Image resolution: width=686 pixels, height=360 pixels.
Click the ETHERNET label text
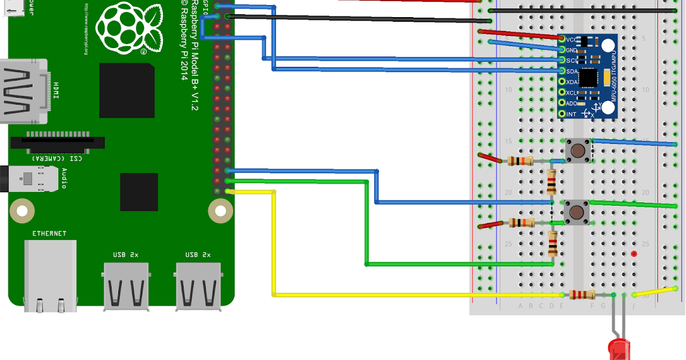pos(49,233)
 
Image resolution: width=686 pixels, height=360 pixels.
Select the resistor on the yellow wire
pos(582,295)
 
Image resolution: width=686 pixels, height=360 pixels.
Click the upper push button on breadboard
pos(578,151)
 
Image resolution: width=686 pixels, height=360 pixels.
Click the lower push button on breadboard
pos(576,212)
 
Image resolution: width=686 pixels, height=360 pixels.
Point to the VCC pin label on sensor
pos(571,39)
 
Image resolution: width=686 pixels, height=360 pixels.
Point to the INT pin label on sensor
pos(571,114)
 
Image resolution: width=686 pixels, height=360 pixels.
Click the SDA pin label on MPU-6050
pos(571,71)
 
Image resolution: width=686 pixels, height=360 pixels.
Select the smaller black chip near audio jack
pos(138,192)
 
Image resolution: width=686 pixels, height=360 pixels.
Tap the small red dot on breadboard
pos(633,253)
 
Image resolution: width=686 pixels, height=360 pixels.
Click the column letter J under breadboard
pos(633,306)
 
